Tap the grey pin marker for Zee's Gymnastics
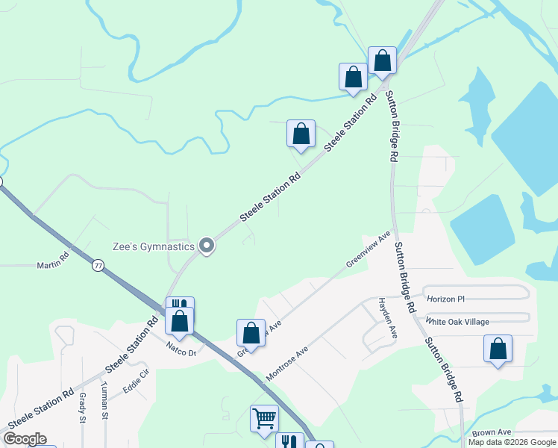[207, 246]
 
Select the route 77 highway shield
[98, 265]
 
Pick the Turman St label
[105, 408]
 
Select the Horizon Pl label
[445, 299]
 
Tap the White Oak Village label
[457, 321]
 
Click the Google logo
[25, 439]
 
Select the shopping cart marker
[264, 418]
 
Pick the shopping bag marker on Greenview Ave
[251, 333]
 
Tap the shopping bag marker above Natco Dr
[179, 321]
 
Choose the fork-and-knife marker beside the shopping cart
[289, 442]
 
